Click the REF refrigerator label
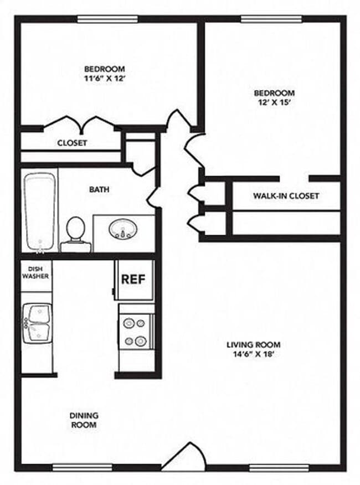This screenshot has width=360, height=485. coord(133,279)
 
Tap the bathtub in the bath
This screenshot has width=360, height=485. coord(40,212)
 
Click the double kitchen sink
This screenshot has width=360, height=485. coord(37,324)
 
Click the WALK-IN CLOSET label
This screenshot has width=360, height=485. coord(286,196)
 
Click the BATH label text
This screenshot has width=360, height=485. coord(99,189)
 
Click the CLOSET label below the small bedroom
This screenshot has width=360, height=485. coord(72,143)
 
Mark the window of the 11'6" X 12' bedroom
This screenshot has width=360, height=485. coord(107,19)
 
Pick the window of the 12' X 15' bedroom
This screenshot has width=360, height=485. coord(271,19)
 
